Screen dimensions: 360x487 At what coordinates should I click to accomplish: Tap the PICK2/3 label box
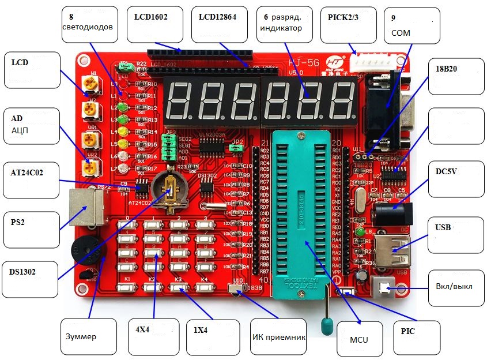tap(349, 25)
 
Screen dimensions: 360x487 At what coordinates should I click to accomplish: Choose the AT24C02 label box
tap(30, 180)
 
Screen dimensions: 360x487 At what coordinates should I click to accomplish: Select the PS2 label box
tap(30, 228)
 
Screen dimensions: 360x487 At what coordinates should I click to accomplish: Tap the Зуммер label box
tap(89, 336)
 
